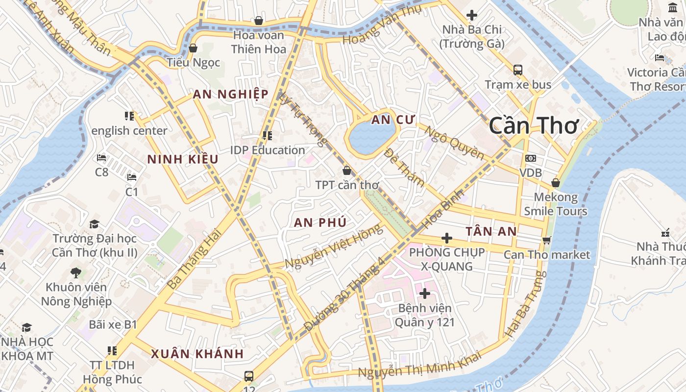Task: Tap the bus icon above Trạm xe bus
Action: tap(518, 70)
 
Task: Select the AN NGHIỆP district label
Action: tap(230, 94)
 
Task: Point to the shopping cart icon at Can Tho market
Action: tap(547, 240)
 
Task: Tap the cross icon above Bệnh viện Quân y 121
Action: tap(425, 294)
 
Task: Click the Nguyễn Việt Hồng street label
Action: tap(333, 246)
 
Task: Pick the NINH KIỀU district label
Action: tap(183, 159)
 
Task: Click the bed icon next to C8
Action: tap(101, 158)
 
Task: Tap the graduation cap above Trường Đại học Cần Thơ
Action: tap(94, 224)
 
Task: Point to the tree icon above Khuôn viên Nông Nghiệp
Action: tap(75, 272)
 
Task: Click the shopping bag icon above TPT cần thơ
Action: tap(347, 171)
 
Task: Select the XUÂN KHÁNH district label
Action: tap(197, 354)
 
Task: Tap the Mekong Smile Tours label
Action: tap(556, 204)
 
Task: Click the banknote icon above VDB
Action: tap(531, 158)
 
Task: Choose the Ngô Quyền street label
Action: tap(454, 143)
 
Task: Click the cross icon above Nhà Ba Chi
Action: tap(472, 15)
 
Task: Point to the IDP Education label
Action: tap(268, 150)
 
